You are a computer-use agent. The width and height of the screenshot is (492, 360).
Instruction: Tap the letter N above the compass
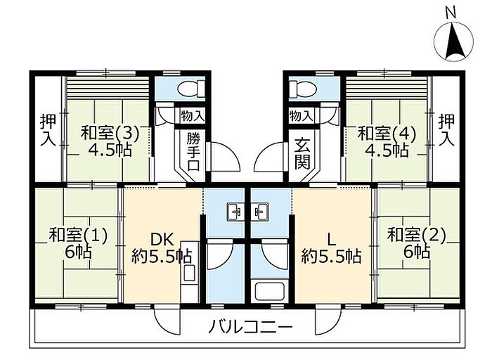coord(451,12)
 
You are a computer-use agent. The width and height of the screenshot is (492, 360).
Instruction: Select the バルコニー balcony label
coord(250,326)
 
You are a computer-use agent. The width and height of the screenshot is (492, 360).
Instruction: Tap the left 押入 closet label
coord(47,129)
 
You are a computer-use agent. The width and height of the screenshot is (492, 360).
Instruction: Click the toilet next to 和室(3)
coord(190,89)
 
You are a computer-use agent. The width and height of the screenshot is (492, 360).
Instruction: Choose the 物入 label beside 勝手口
coord(191,115)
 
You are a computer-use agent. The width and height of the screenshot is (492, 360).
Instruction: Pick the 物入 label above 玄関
coord(301,115)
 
